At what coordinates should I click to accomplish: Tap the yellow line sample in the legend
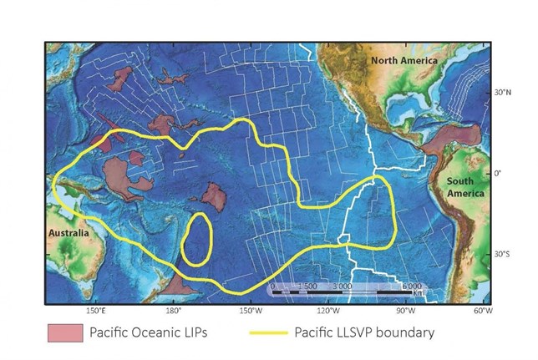[269, 332]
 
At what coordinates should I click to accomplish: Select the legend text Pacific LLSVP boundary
[364, 332]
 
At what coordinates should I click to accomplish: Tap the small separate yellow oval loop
[197, 239]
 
